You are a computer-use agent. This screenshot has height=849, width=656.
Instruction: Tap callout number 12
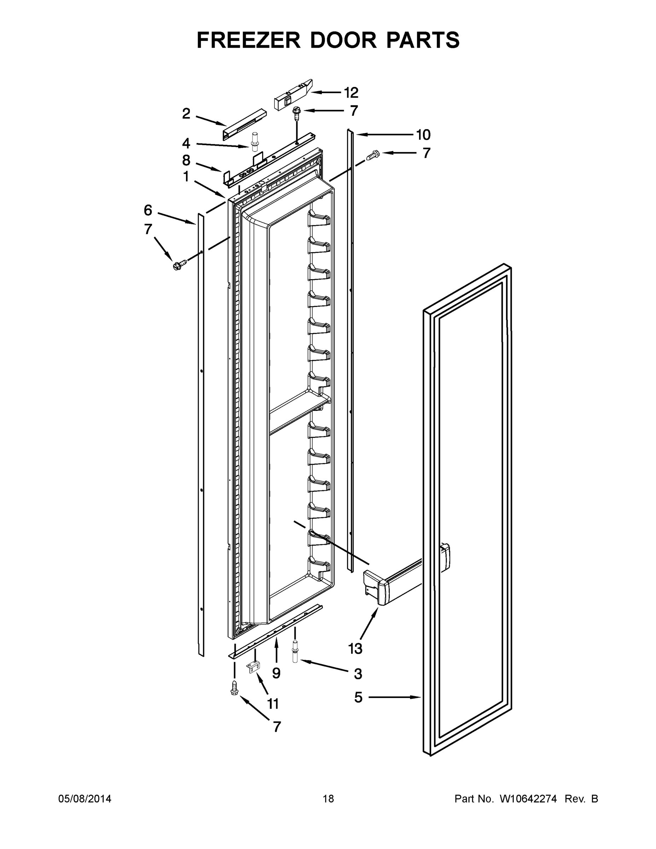tap(351, 93)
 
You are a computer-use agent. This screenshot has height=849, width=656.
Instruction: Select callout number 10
tap(423, 135)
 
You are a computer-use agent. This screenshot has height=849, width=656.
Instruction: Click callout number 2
tap(186, 114)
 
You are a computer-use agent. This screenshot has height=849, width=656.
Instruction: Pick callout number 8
tap(186, 160)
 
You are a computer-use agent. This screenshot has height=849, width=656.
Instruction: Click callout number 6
tap(148, 210)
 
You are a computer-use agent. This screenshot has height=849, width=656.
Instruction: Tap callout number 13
tap(355, 648)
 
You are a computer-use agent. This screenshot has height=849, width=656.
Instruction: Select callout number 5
tap(358, 697)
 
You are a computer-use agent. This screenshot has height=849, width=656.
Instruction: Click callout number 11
tap(273, 704)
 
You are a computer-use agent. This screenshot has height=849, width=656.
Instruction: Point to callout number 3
tap(358, 674)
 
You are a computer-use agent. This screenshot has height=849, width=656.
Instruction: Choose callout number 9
tap(276, 673)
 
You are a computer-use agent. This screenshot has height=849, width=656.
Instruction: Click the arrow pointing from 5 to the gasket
tap(394, 697)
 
